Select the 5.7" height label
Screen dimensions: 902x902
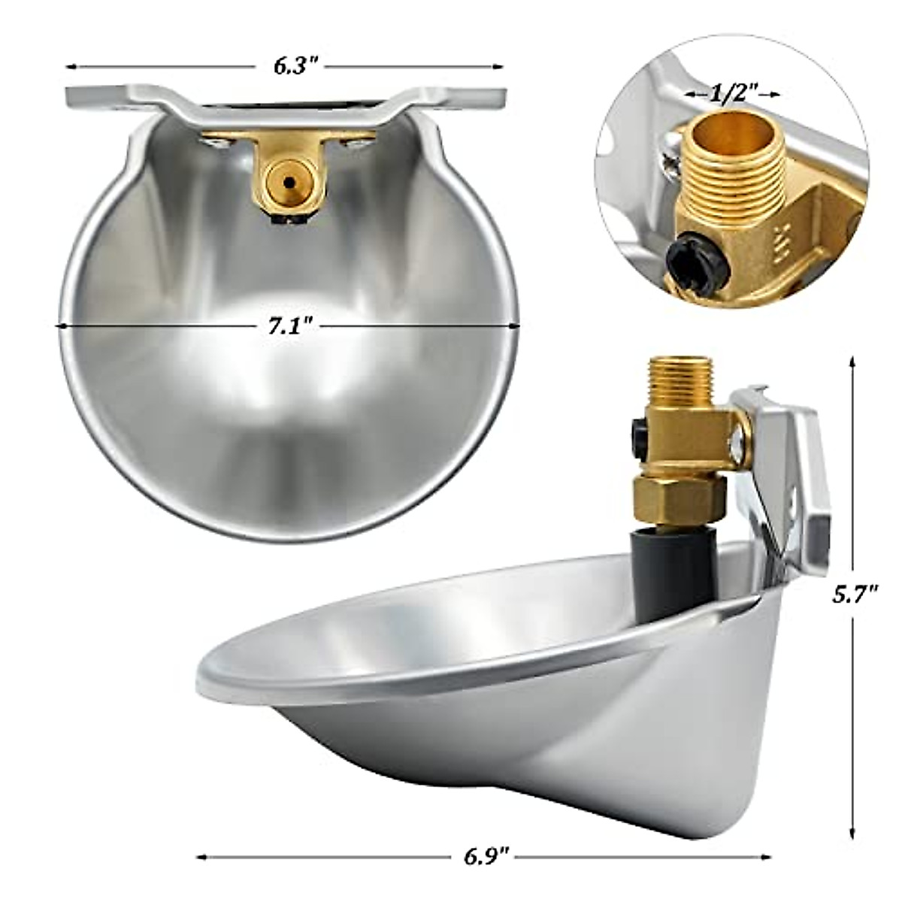[x=855, y=596]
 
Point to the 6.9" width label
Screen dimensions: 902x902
[x=484, y=856]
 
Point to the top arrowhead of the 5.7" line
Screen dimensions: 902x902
[x=852, y=363]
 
